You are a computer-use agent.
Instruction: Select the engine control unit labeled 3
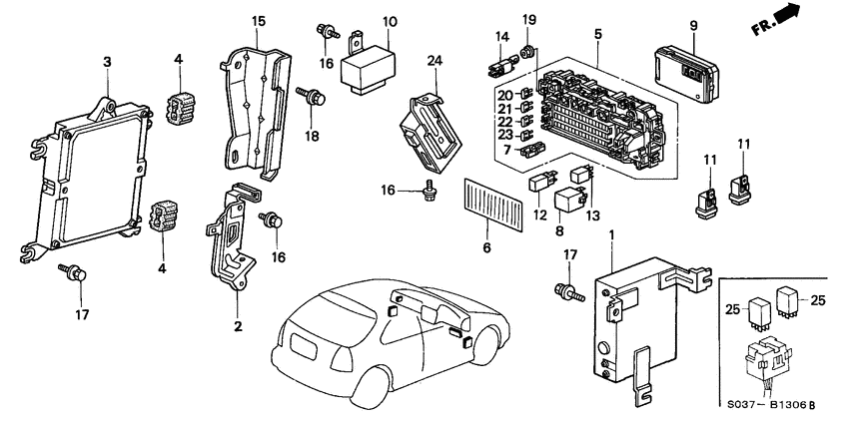(x=90, y=175)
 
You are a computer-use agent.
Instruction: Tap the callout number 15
(x=259, y=21)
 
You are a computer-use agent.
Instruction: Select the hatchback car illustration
(x=380, y=339)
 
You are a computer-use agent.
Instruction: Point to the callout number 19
(x=529, y=19)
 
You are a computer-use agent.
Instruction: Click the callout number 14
(x=502, y=39)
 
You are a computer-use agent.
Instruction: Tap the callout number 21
(x=505, y=109)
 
